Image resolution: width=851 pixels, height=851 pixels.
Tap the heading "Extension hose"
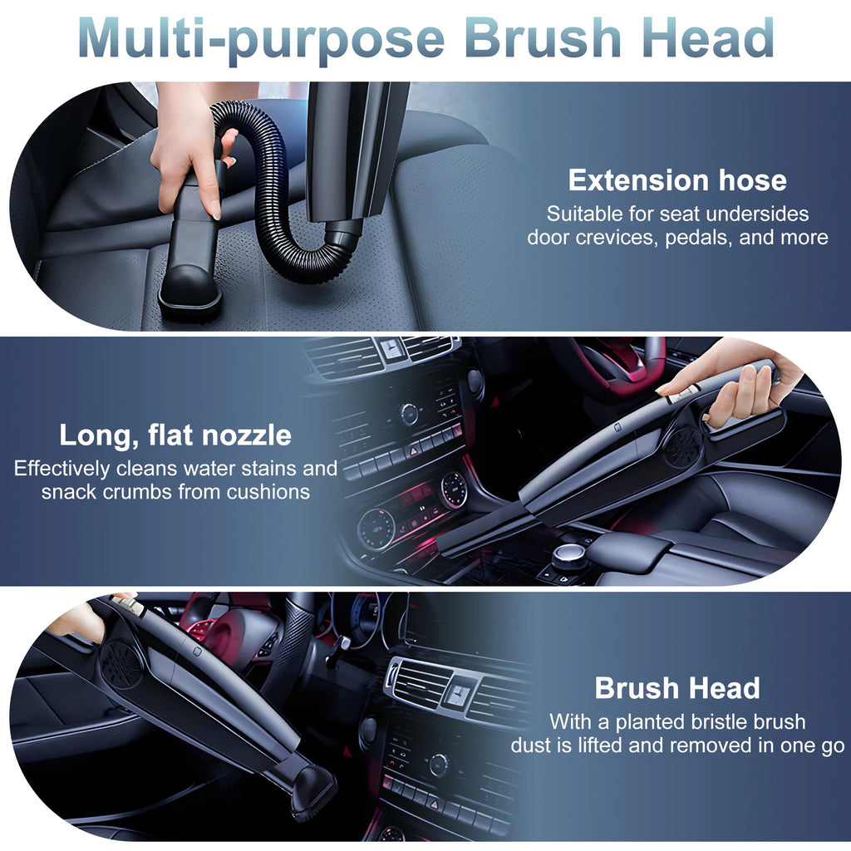tap(677, 180)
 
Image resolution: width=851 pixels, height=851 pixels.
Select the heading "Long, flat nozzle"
tap(175, 435)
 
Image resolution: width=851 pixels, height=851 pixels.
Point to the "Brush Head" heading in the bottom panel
tap(677, 688)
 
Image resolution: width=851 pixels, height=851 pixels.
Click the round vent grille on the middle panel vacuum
tap(681, 447)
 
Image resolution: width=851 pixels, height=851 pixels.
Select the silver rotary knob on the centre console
tap(569, 555)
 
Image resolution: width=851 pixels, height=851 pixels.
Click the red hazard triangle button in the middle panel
tap(413, 450)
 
